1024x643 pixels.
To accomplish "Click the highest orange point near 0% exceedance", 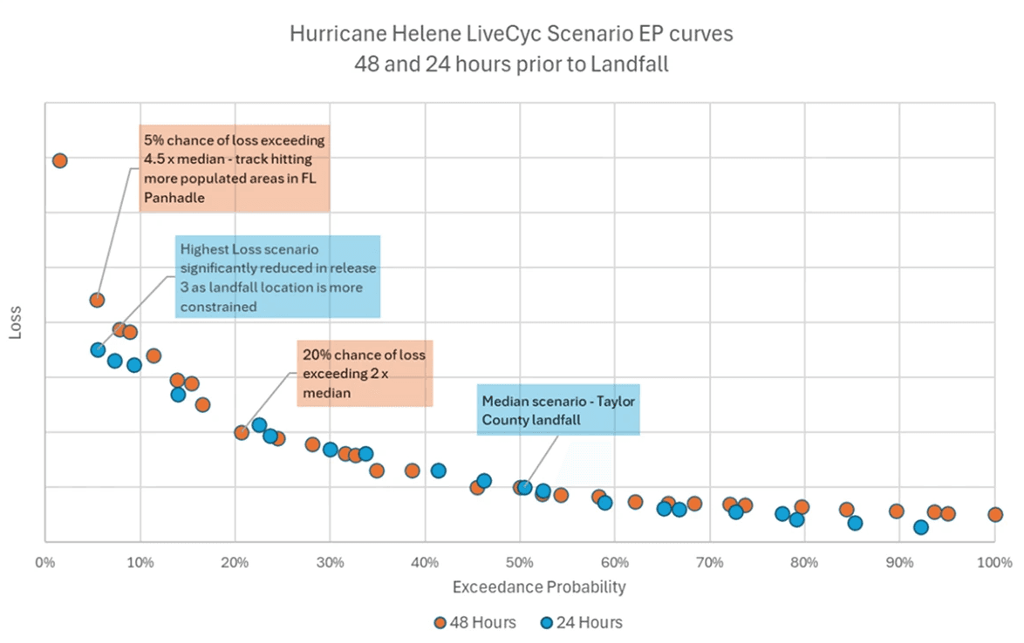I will pyautogui.click(x=59, y=160).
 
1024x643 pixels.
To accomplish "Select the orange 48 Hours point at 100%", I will pyautogui.click(x=995, y=514).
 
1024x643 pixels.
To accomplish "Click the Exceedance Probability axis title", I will pyautogui.click(x=539, y=587).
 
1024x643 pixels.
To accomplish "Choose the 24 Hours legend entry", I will pyautogui.click(x=582, y=622).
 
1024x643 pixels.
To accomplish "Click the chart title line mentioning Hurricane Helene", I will pyautogui.click(x=512, y=36).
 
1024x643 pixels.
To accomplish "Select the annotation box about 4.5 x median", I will pyautogui.click(x=234, y=168).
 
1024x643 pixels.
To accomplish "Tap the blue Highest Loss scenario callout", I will pyautogui.click(x=277, y=275).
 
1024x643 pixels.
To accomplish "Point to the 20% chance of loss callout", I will pyautogui.click(x=365, y=374).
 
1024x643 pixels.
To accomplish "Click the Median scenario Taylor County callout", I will pyautogui.click(x=558, y=409).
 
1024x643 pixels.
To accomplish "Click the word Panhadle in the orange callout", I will pyautogui.click(x=171, y=198).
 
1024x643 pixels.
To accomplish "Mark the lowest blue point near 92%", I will pyautogui.click(x=920, y=527).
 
